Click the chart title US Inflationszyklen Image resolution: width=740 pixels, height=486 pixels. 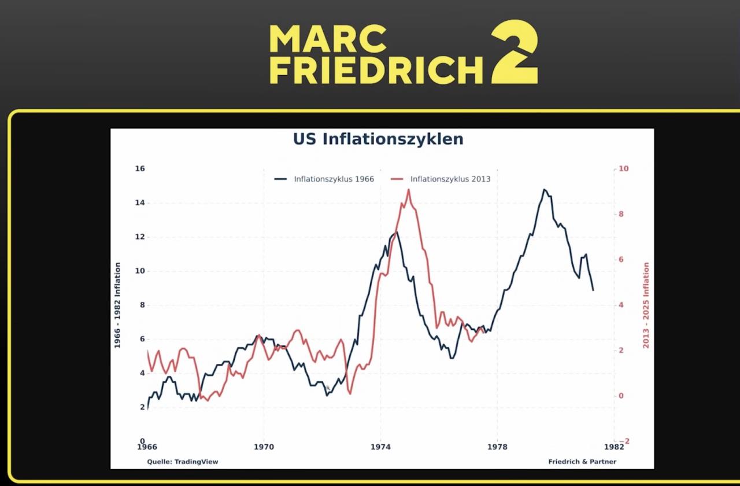(x=378, y=139)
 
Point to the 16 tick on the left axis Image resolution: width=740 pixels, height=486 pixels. (x=139, y=169)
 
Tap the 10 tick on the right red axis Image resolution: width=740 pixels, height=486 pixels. (x=623, y=169)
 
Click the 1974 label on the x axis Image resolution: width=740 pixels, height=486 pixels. (x=380, y=447)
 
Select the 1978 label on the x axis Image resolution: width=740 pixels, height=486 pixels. (x=497, y=447)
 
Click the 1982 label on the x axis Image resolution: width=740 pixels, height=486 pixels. (x=614, y=447)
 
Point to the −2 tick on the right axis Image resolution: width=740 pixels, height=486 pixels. (x=623, y=441)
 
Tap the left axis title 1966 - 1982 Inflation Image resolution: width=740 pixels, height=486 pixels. (x=117, y=305)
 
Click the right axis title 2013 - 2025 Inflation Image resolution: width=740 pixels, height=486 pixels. (x=646, y=305)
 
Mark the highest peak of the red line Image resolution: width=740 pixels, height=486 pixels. (x=408, y=190)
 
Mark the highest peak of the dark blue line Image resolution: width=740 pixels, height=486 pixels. (x=544, y=189)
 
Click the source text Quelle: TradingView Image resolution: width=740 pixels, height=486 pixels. (x=183, y=462)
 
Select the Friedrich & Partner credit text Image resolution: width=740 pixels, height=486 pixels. (x=582, y=462)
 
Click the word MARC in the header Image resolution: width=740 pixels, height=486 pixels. (x=328, y=39)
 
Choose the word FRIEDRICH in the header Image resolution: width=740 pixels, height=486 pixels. (x=376, y=70)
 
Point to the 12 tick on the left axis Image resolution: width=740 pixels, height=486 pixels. (x=139, y=237)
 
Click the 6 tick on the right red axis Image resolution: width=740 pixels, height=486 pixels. (x=622, y=260)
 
